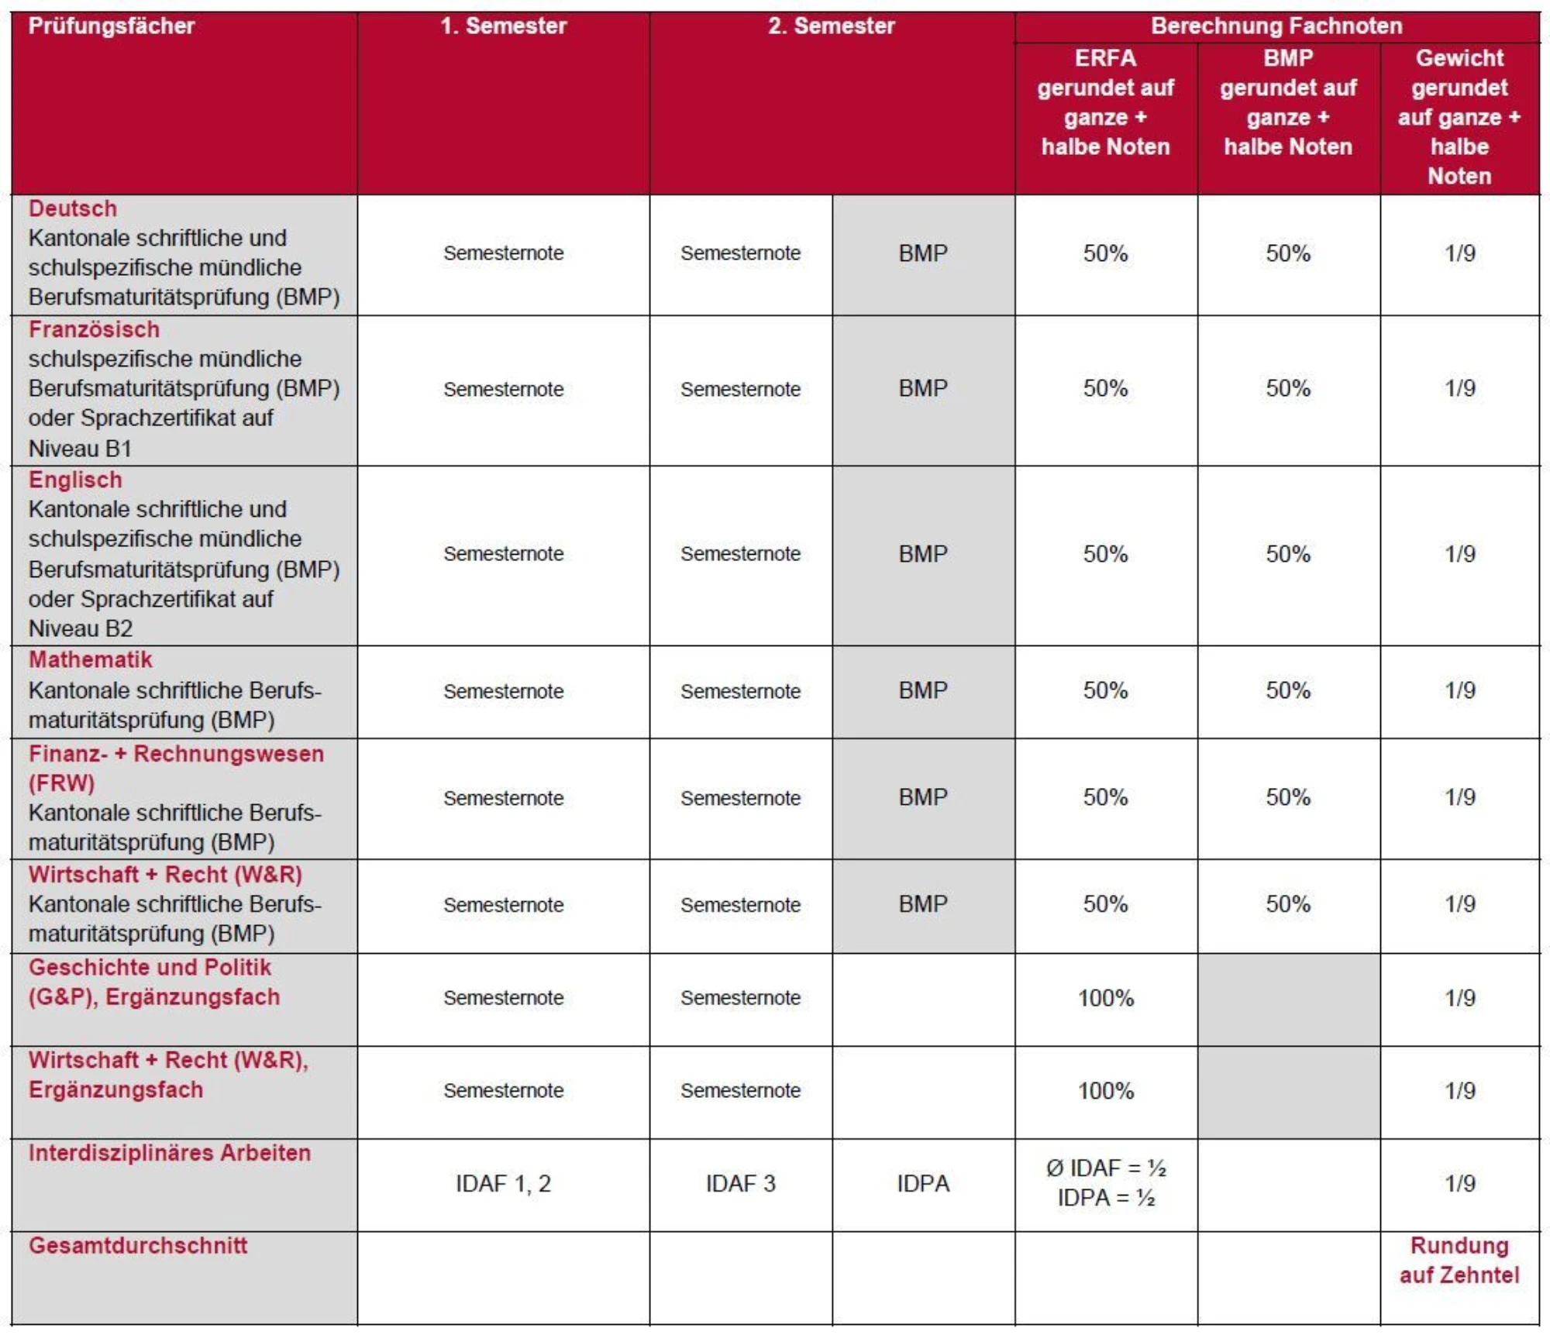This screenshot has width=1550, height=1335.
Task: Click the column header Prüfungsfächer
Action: point(112,26)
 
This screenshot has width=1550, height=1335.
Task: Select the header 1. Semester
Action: point(504,26)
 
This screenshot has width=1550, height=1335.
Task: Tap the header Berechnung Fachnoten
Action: point(1276,26)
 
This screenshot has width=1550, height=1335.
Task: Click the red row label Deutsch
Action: point(73,208)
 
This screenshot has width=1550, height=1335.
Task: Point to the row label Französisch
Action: point(94,329)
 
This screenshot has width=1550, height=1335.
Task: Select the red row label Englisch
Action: point(75,480)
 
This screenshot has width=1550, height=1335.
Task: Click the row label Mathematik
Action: point(90,659)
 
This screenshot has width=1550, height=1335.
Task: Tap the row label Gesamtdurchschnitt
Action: point(138,1245)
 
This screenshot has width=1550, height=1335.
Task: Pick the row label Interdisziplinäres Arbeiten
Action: point(170,1152)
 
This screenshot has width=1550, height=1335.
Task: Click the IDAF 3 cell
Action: point(740,1183)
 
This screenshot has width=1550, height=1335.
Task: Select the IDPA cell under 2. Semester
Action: point(923,1183)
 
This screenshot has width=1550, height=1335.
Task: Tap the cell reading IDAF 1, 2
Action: point(504,1183)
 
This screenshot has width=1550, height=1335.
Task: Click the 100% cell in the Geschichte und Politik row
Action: point(1106,998)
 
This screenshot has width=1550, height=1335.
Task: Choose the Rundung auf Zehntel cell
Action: point(1459,1260)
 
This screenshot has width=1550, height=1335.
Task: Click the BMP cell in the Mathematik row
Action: point(923,690)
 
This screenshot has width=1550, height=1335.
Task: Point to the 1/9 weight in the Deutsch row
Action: point(1459,253)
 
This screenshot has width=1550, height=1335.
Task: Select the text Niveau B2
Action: point(81,628)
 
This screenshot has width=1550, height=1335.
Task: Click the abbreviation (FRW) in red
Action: point(61,783)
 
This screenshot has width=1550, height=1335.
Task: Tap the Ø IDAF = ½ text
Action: point(1106,1168)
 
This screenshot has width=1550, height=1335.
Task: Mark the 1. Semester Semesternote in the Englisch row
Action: point(504,554)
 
